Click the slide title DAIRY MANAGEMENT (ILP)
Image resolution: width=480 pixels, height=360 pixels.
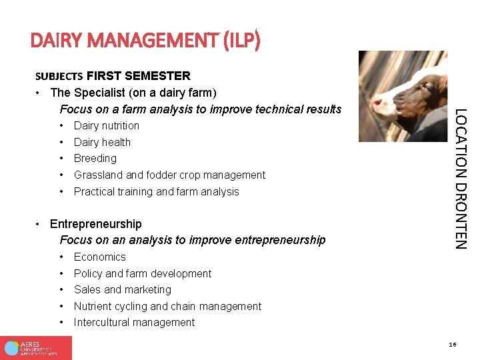(145, 41)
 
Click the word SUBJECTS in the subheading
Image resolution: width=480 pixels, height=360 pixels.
(59, 76)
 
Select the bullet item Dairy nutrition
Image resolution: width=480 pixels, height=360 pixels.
(107, 125)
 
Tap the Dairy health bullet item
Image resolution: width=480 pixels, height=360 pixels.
(102, 142)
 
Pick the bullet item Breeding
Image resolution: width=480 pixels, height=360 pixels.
(95, 158)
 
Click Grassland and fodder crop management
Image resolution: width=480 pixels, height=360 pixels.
(169, 175)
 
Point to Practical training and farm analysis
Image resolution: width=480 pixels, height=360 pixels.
(156, 191)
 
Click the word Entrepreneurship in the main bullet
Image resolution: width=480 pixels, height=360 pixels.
(96, 224)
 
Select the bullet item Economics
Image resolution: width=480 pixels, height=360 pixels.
(99, 257)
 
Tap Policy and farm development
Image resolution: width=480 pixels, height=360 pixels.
(142, 273)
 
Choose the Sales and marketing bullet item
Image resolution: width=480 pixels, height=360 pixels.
(122, 289)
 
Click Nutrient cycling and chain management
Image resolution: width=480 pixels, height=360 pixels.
(167, 306)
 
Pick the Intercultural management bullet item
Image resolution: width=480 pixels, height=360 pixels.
(134, 322)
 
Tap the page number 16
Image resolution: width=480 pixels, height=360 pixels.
(453, 345)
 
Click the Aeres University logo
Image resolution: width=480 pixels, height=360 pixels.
(36, 347)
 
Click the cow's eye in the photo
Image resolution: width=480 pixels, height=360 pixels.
(426, 87)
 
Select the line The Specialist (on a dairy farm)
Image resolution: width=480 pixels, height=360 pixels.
(133, 92)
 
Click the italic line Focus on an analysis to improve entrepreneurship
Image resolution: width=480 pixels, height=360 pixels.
(193, 240)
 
